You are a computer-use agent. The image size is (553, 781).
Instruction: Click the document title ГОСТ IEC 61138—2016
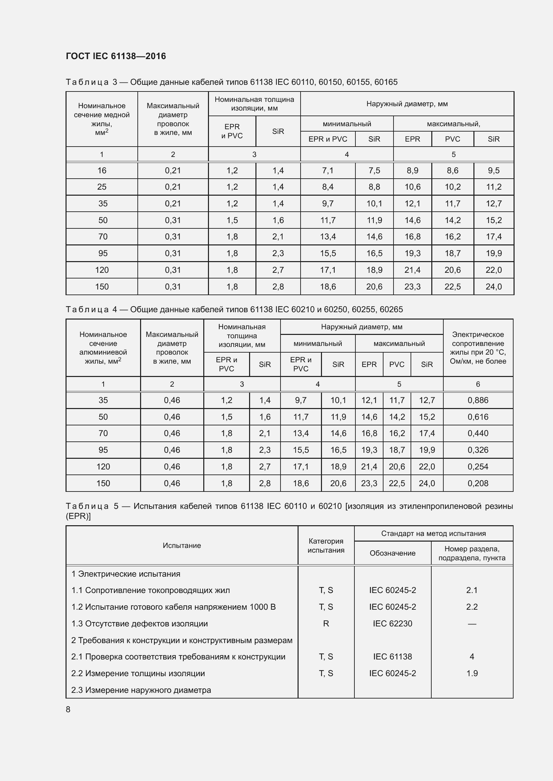pyautogui.click(x=116, y=56)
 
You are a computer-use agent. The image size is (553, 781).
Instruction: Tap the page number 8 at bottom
pyautogui.click(x=68, y=709)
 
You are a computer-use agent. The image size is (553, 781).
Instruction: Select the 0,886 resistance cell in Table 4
pyautogui.click(x=478, y=400)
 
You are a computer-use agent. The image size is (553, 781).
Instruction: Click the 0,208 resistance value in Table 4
pyautogui.click(x=478, y=483)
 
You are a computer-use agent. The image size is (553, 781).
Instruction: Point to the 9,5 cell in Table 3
pyautogui.click(x=493, y=171)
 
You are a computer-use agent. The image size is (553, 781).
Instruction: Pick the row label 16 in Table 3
pyautogui.click(x=102, y=171)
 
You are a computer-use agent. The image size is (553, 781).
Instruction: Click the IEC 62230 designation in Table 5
pyautogui.click(x=392, y=623)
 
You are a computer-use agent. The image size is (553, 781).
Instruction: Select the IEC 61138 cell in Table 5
pyautogui.click(x=392, y=656)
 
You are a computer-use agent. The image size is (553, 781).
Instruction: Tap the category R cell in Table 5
pyautogui.click(x=326, y=623)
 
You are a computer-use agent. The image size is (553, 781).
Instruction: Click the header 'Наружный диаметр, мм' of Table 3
pyautogui.click(x=407, y=104)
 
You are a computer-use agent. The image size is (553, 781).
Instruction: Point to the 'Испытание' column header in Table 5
pyautogui.click(x=182, y=546)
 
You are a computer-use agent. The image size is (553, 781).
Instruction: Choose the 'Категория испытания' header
pyautogui.click(x=326, y=546)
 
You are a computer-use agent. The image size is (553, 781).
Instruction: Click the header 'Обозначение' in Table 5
pyautogui.click(x=392, y=553)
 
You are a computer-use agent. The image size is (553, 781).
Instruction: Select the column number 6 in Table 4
pyautogui.click(x=478, y=384)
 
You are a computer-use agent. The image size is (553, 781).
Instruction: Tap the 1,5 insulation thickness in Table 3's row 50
pyautogui.click(x=232, y=220)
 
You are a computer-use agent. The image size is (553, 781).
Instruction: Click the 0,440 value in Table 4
pyautogui.click(x=478, y=433)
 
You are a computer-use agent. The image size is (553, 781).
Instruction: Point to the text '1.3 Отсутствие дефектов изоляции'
pyautogui.click(x=139, y=623)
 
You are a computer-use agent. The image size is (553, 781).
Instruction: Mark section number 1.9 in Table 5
pyautogui.click(x=472, y=673)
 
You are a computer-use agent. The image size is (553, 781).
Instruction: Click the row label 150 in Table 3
pyautogui.click(x=102, y=287)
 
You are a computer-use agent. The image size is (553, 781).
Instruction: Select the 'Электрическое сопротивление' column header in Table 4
pyautogui.click(x=478, y=348)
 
